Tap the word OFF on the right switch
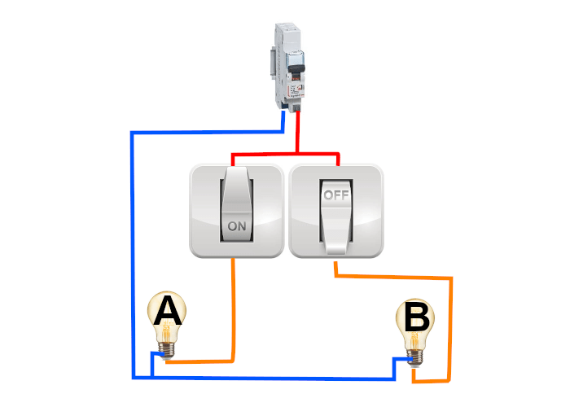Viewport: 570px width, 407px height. click(335, 195)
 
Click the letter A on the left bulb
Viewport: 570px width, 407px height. click(167, 311)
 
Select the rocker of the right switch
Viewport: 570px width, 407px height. click(335, 216)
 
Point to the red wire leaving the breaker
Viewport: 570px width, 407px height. click(298, 130)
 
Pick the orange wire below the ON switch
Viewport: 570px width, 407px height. click(235, 309)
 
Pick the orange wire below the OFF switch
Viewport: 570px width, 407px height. click(391, 278)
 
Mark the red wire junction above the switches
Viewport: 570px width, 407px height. click(298, 153)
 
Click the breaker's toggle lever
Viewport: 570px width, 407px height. click(297, 65)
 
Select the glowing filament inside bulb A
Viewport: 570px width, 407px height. click(168, 330)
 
